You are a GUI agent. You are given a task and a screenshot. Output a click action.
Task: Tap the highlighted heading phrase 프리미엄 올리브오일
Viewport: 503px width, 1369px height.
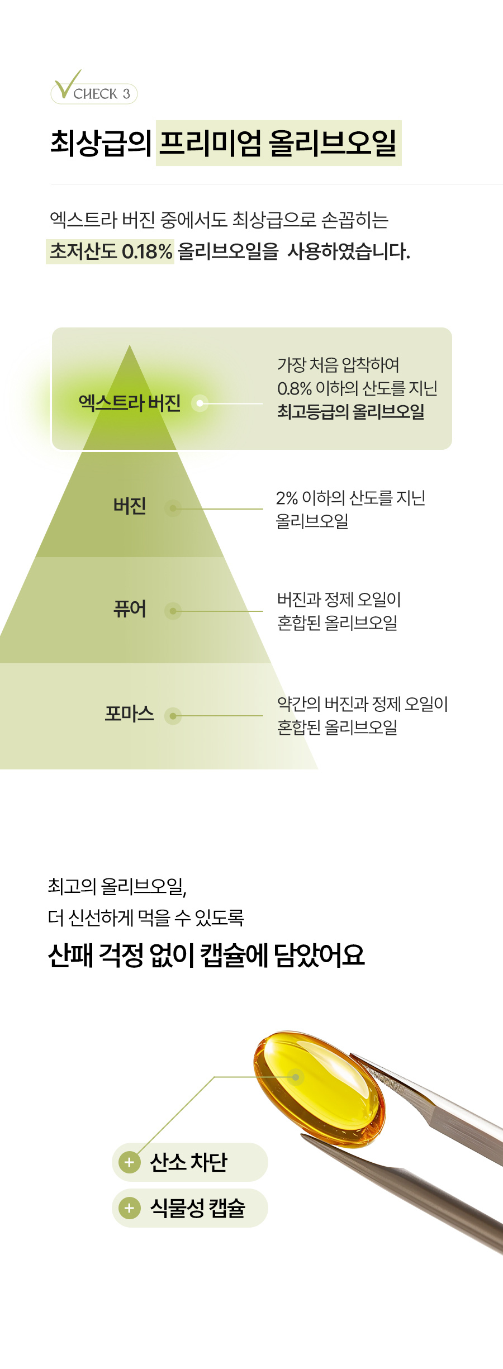[278, 143]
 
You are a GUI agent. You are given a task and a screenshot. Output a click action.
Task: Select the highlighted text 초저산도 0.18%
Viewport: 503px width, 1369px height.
[111, 251]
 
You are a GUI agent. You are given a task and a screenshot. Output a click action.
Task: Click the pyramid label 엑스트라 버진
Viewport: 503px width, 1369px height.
[130, 402]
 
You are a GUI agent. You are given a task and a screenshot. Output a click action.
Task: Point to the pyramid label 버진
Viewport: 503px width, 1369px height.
[130, 506]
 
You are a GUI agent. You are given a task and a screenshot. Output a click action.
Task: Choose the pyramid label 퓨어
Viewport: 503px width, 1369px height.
[130, 609]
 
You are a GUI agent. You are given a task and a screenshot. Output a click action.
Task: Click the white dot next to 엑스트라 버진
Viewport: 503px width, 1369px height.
[200, 403]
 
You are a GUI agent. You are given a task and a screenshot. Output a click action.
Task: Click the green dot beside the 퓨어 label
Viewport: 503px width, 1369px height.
[173, 611]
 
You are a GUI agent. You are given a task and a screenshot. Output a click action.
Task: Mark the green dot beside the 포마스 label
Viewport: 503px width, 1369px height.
[173, 716]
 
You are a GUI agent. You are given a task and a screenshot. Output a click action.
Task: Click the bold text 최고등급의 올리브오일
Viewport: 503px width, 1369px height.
[351, 412]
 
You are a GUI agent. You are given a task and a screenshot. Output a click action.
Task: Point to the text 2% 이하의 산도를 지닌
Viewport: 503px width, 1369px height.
[350, 497]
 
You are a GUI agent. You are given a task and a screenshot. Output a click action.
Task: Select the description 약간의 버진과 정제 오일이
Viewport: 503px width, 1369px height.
[362, 703]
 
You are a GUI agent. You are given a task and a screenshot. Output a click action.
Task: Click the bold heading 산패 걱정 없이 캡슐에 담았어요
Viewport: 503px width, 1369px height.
[206, 955]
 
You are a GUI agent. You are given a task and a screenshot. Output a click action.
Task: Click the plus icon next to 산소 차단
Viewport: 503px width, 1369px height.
[129, 1162]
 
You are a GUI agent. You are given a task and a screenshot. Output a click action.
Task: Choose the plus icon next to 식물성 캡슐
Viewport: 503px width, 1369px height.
[129, 1208]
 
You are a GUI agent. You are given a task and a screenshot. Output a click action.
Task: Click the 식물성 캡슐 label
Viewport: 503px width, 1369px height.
[197, 1208]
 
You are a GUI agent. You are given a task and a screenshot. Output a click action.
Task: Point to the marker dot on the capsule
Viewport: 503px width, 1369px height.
[296, 1077]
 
